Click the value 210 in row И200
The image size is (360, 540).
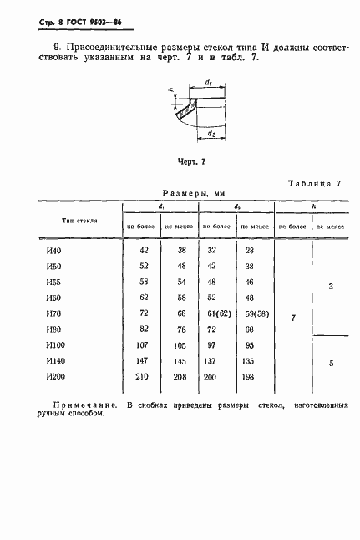[x=140, y=377]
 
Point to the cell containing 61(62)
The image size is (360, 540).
[x=219, y=313]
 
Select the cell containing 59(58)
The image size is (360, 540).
[x=255, y=313]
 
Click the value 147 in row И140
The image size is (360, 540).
[x=140, y=361]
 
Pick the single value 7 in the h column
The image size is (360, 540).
[x=292, y=318]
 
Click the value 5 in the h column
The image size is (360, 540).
[x=331, y=363]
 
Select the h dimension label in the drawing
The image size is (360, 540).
[x=170, y=90]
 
